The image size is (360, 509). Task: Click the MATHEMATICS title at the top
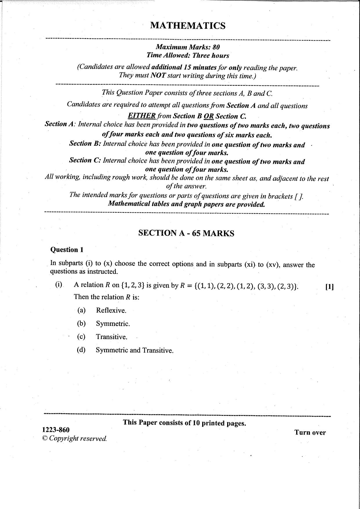[188, 26]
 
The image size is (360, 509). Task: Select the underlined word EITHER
[142, 115]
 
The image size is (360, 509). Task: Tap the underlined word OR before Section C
[209, 116]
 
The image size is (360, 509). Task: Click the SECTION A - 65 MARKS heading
[186, 233]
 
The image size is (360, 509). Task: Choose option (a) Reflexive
[111, 311]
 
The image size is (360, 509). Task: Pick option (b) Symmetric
[113, 324]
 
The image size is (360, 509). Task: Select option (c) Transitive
[112, 337]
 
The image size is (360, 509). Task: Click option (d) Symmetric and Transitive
[134, 350]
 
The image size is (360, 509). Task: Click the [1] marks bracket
[330, 287]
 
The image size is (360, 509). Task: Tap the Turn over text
[310, 432]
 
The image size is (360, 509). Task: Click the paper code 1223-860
[56, 429]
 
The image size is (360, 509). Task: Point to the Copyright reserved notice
[75, 438]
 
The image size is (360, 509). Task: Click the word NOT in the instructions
[158, 75]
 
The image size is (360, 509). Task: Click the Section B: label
[85, 143]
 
